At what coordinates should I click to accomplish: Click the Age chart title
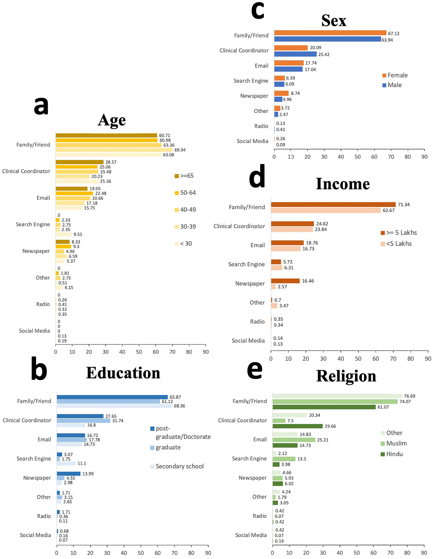click(x=112, y=120)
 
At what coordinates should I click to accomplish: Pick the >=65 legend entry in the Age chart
click(x=184, y=176)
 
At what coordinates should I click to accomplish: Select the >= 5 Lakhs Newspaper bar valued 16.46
click(x=285, y=281)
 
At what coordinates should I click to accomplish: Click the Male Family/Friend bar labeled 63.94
click(x=327, y=39)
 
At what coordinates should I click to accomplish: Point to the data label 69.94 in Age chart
click(x=180, y=150)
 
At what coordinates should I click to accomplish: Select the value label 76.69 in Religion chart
click(x=410, y=396)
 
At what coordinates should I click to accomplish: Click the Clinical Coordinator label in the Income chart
click(x=239, y=226)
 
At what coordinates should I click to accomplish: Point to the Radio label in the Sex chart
click(x=261, y=126)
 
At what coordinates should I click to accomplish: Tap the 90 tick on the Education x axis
click(x=208, y=553)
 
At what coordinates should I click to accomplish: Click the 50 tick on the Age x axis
click(x=139, y=352)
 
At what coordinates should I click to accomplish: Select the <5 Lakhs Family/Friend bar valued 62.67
click(x=325, y=210)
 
